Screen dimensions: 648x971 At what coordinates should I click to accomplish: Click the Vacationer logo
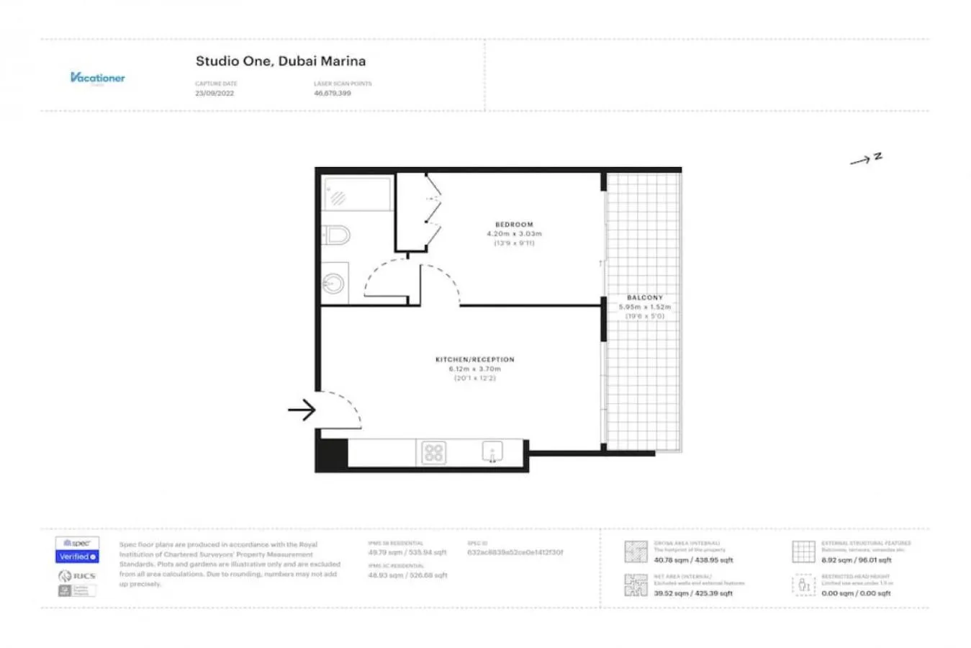click(x=98, y=78)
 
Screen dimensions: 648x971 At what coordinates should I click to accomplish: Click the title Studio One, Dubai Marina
click(x=281, y=61)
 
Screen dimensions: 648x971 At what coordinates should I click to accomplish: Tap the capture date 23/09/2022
click(x=214, y=94)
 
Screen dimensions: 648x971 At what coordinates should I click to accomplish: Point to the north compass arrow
click(x=865, y=159)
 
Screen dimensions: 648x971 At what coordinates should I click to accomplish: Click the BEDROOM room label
click(x=514, y=225)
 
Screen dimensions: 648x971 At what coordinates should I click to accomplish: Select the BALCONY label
click(x=644, y=297)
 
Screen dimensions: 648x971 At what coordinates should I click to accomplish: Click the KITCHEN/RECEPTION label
click(x=474, y=359)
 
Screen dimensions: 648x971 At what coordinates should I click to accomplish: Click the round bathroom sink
click(x=333, y=282)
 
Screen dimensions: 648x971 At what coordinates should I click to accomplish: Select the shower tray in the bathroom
click(x=357, y=194)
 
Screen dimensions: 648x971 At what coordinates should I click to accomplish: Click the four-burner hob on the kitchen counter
click(x=433, y=453)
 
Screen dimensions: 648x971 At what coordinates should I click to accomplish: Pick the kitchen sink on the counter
click(x=492, y=452)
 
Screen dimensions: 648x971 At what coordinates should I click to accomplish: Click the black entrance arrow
click(x=302, y=410)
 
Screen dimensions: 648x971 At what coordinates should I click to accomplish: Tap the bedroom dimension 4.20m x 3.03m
click(x=514, y=234)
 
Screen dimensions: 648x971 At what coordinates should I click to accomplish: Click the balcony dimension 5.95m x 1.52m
click(x=644, y=307)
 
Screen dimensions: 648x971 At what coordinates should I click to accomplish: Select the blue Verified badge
click(x=77, y=557)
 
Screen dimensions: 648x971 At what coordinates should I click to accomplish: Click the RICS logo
click(x=77, y=576)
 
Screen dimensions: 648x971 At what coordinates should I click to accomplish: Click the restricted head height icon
click(x=803, y=585)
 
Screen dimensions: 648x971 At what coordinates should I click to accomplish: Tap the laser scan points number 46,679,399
click(x=333, y=94)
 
